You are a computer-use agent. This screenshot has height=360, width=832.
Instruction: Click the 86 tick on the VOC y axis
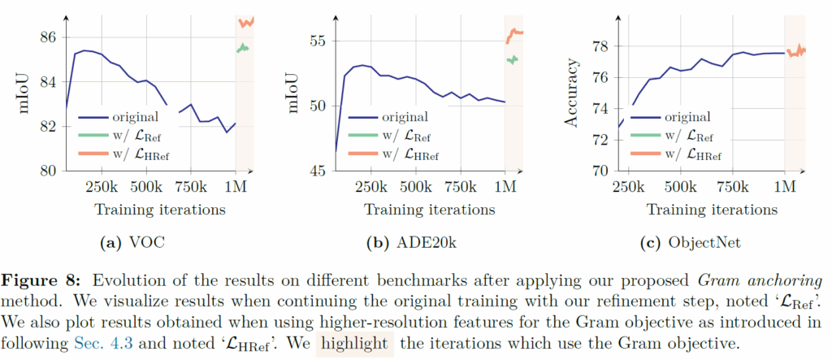pyautogui.click(x=45, y=37)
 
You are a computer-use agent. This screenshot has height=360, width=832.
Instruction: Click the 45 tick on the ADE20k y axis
pyautogui.click(x=318, y=171)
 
